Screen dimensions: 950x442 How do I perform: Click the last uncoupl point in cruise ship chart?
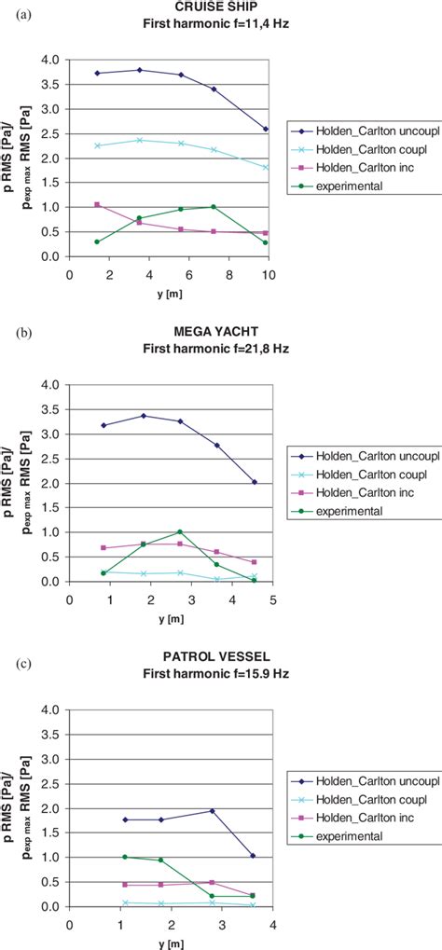(x=266, y=129)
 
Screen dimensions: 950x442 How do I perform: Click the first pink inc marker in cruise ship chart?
(x=97, y=204)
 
